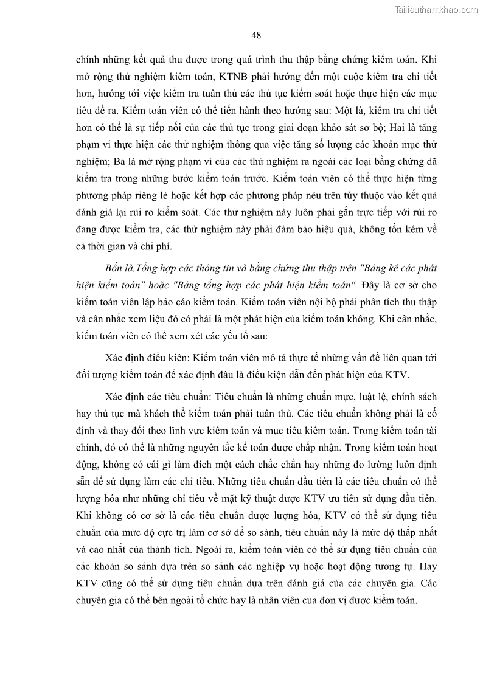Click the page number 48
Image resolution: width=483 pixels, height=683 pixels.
[256, 35]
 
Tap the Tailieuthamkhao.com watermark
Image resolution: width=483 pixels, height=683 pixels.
[436, 9]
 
